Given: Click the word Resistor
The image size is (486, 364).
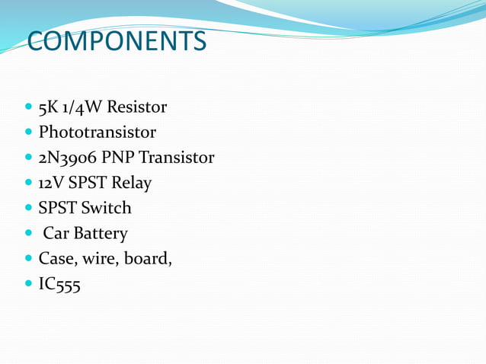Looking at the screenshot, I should click(x=138, y=107).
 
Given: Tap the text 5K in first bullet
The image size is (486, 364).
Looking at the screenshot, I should click(x=48, y=107).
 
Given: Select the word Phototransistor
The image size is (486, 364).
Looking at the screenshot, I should click(x=98, y=132).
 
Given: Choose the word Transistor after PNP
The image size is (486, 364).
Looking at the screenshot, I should click(x=177, y=158).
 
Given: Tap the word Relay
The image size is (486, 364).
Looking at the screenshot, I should click(x=131, y=183).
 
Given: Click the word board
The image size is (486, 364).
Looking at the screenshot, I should click(x=149, y=259).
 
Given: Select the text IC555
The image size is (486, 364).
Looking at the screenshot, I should click(x=59, y=285).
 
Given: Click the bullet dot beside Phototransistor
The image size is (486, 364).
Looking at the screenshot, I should click(x=29, y=133).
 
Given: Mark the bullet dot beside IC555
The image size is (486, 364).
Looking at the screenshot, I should click(x=29, y=285).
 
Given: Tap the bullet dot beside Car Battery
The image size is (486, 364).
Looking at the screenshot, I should click(x=29, y=234).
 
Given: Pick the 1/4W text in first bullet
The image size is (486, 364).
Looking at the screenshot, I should click(x=83, y=107).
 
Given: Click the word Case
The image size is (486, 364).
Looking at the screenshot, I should click(x=58, y=259).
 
